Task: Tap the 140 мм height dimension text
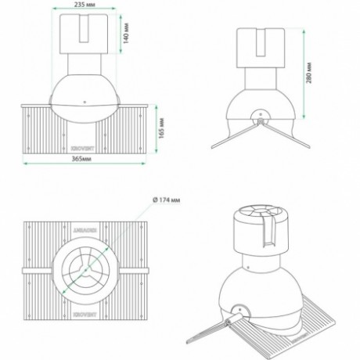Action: click(x=125, y=33)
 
